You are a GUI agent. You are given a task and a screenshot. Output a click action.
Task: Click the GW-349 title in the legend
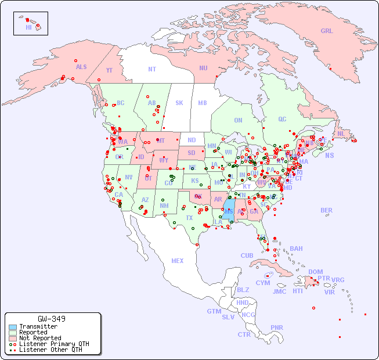coord(51,319)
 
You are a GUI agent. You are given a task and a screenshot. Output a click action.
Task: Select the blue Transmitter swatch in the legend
coord(13,327)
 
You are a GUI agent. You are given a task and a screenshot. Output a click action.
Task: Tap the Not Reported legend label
coord(39,338)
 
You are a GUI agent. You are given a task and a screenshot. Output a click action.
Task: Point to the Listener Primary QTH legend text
coord(53,344)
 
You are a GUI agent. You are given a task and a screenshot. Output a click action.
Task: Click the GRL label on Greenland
coord(327,31)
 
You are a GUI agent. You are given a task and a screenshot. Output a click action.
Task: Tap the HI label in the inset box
coord(28,27)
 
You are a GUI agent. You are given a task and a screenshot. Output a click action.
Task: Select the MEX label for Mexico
coord(178,261)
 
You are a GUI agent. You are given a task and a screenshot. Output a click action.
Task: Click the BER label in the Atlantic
coord(327,210)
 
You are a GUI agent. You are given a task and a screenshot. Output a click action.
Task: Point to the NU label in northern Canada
coord(203,68)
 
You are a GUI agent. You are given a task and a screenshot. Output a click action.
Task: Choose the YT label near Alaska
coord(109,70)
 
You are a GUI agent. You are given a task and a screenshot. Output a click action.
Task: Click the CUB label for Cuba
coord(247,255)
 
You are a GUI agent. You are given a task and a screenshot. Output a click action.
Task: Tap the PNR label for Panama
coord(277,327)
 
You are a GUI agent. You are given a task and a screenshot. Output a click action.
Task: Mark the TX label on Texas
coord(189,218)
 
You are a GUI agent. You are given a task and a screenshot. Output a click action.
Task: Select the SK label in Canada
coord(179,103)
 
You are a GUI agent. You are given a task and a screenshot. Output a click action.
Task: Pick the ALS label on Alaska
coord(81,67)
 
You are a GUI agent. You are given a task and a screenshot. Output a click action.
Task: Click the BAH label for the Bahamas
coord(296,249)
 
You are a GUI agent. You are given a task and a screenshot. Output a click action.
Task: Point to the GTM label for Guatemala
coord(214,311)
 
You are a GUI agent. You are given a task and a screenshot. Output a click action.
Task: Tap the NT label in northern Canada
coord(152,69)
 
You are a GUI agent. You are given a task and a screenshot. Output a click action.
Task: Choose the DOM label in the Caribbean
coord(315,272)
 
